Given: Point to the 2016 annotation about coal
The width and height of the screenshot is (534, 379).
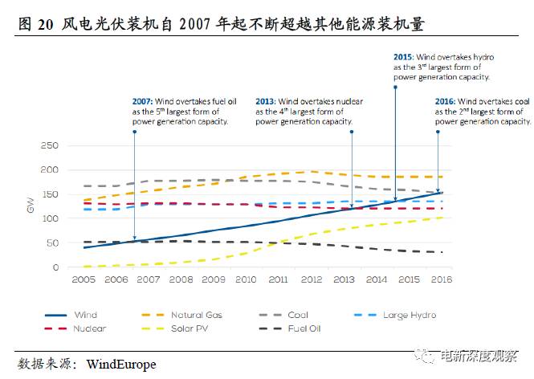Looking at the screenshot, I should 483,112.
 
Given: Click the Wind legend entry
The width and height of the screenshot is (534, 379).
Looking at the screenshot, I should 84,316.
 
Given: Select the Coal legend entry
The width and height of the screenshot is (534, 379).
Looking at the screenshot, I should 297,316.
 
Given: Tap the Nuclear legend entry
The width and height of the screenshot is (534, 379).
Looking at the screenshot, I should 88,329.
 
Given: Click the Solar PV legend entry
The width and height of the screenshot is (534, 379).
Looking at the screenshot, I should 190,329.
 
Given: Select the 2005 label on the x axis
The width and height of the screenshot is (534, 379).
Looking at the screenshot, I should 84,279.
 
